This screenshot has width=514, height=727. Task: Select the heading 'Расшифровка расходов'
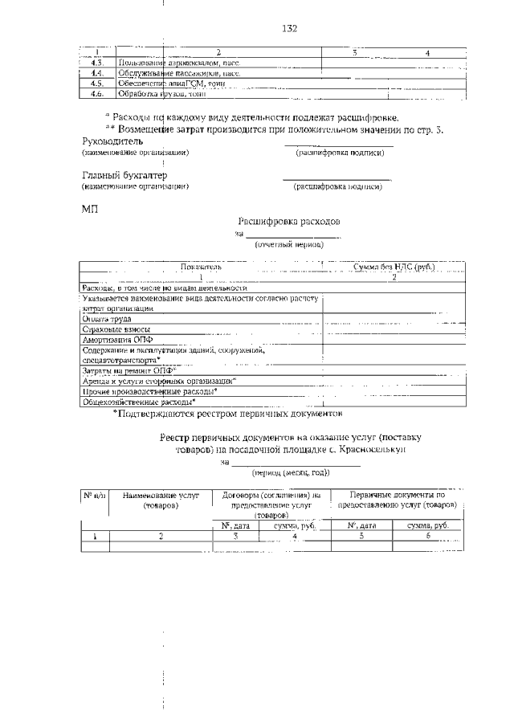click(289, 219)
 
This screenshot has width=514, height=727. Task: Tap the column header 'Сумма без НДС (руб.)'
click(394, 266)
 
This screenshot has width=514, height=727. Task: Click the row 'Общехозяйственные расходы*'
click(139, 402)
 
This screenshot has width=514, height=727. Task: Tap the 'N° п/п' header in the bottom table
click(94, 495)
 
